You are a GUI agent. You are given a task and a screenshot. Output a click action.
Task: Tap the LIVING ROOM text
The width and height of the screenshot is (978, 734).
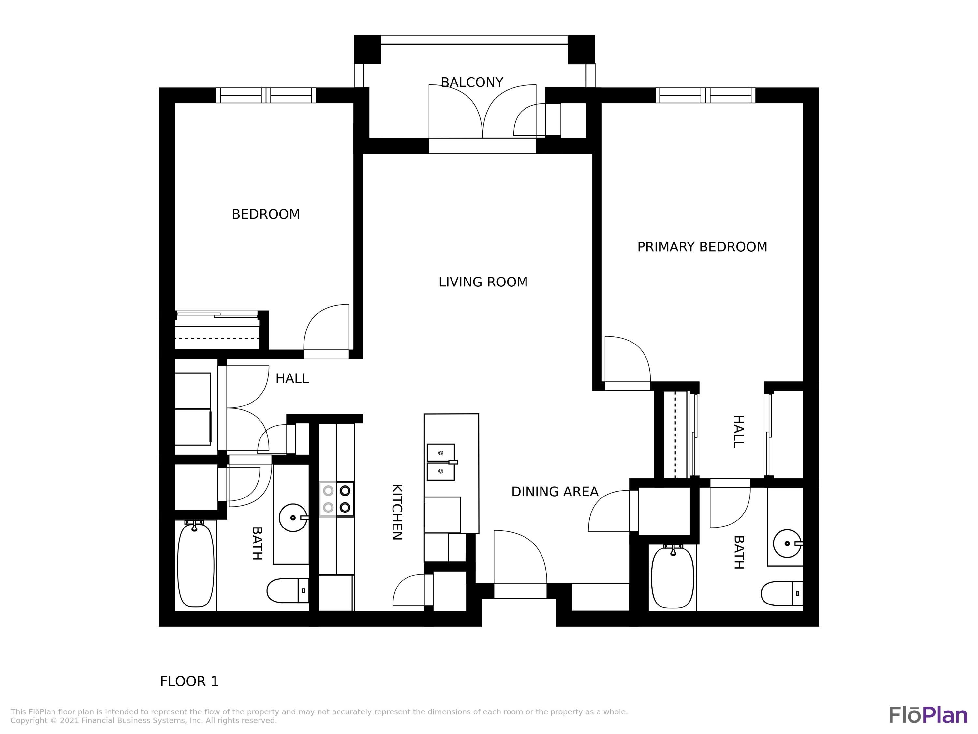[x=483, y=282]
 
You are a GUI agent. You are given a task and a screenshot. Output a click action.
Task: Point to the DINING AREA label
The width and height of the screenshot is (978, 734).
[x=555, y=492]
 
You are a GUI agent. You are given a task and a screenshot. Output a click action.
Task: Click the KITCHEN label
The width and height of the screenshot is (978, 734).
[x=397, y=512]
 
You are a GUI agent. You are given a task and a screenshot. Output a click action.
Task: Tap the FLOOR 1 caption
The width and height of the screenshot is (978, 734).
[x=189, y=682]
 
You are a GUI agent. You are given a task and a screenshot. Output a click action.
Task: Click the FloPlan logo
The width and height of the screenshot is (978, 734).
[x=928, y=716]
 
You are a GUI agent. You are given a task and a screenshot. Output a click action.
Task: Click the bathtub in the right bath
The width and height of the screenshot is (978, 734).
[x=673, y=577]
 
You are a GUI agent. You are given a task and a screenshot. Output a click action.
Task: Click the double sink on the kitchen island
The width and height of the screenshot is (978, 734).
[x=441, y=462]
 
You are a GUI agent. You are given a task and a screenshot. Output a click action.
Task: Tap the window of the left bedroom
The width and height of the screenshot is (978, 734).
[x=266, y=96]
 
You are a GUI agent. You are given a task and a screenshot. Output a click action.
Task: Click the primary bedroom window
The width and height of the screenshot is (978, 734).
[x=705, y=96]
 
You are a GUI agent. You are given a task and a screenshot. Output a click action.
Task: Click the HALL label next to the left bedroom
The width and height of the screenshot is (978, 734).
[x=292, y=379]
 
